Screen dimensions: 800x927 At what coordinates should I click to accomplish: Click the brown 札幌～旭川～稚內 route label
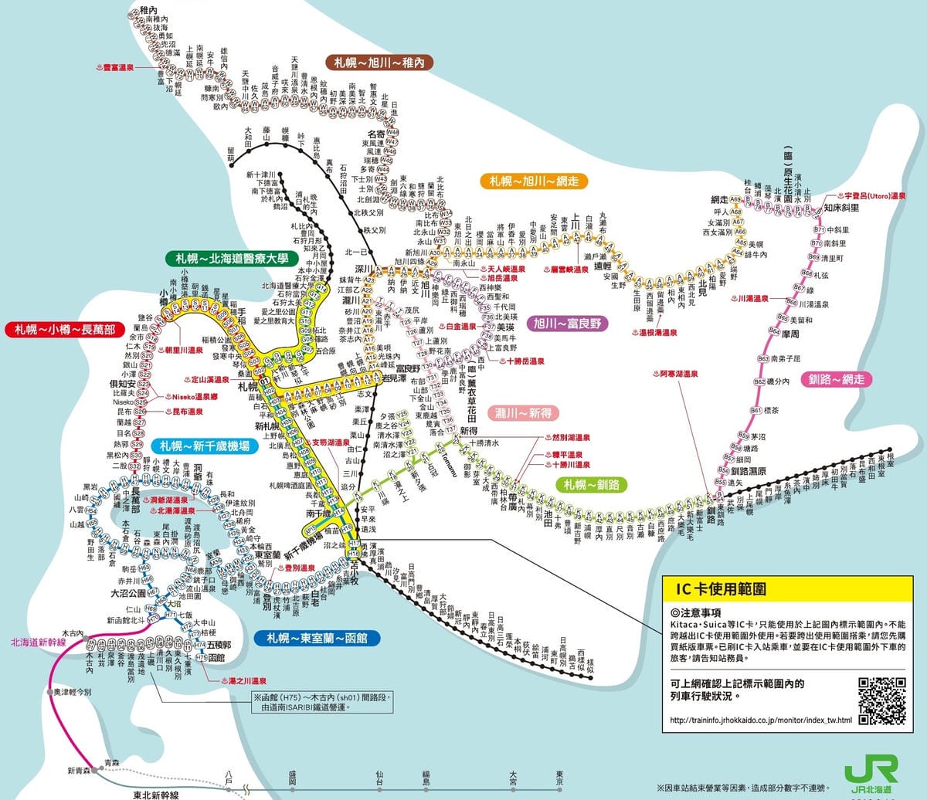tap(379, 63)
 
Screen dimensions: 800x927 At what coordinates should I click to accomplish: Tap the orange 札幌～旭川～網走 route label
tap(534, 181)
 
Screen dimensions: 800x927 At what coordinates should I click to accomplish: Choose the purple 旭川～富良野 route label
tap(568, 324)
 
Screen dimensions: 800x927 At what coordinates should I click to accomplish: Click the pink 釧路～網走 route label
tap(836, 379)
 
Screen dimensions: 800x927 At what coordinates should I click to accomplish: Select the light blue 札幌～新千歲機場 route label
tap(204, 446)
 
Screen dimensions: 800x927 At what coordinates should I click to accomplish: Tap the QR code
tap(881, 700)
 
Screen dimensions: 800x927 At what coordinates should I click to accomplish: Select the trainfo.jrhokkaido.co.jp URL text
tap(760, 720)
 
